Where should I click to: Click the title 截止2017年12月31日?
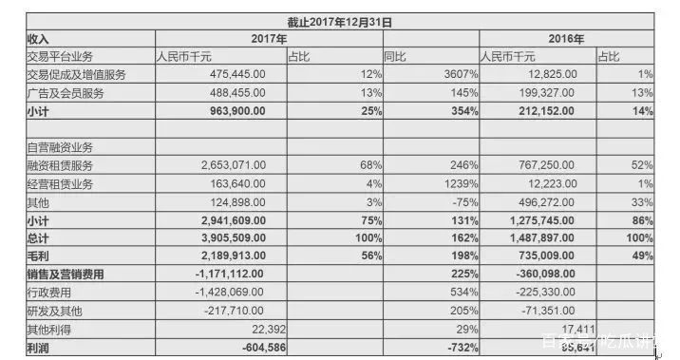point(340,21)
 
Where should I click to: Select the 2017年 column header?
point(269,38)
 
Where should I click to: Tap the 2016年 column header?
point(567,38)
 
